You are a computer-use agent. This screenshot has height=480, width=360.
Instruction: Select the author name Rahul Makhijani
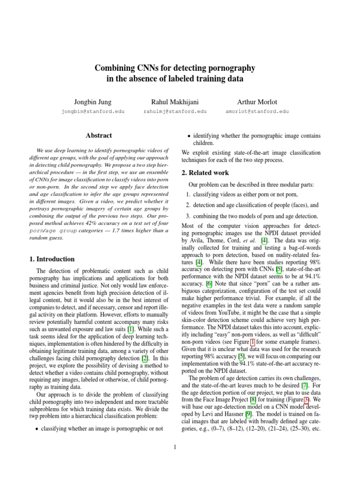[x=174, y=102]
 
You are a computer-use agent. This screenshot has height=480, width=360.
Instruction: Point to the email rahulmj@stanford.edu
[x=174, y=112]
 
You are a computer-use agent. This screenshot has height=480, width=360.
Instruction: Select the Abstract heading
[x=98, y=135]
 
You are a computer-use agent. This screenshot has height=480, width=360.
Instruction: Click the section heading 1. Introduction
[x=49, y=259]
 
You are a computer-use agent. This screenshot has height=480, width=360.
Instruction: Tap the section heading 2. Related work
[x=205, y=173]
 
